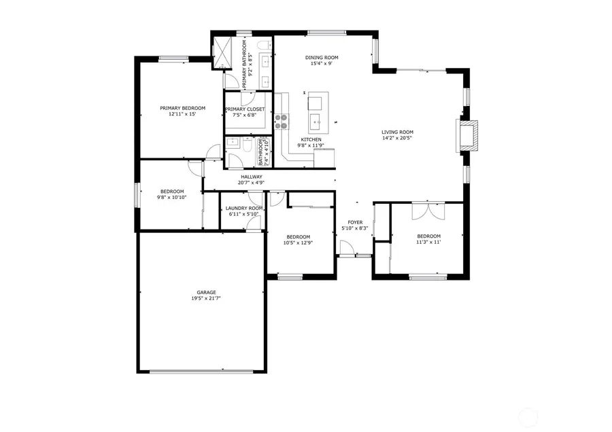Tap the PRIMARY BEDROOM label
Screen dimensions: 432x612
[x=182, y=108]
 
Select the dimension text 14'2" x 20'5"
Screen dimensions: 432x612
[x=397, y=139]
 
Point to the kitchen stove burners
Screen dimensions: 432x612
[x=281, y=121]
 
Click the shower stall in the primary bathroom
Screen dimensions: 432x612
[x=222, y=51]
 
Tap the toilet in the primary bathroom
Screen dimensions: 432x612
[x=265, y=46]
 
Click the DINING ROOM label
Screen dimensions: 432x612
[x=322, y=58]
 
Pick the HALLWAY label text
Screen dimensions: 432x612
[x=251, y=177]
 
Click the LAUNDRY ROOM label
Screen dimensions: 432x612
[x=244, y=208]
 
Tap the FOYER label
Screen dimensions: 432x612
[x=356, y=222]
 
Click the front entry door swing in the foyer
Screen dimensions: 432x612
[x=347, y=249]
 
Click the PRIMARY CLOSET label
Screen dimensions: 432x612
[x=245, y=109]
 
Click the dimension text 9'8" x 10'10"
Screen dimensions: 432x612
[x=172, y=198]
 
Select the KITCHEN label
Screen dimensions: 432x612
[x=311, y=139]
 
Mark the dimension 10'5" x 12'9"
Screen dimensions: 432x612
[x=298, y=242]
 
